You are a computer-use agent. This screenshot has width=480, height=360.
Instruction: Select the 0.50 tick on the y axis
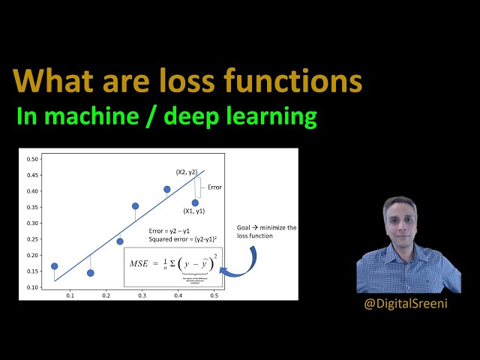click(x=32, y=159)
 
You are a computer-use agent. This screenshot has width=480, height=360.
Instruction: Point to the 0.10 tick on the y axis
click(x=32, y=288)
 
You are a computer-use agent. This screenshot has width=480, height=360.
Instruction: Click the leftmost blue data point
click(x=54, y=266)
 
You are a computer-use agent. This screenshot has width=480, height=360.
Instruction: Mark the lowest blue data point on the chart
click(x=91, y=273)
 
